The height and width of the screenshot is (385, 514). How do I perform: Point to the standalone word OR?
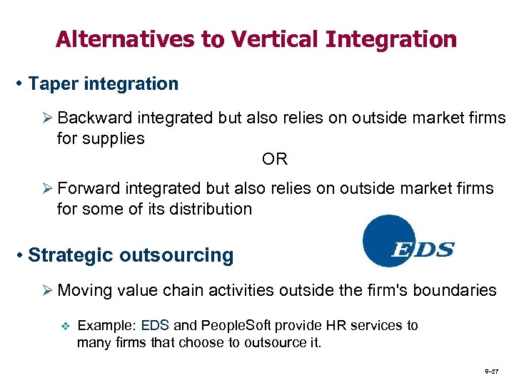point(275,159)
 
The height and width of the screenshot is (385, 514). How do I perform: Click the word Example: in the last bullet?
point(106,326)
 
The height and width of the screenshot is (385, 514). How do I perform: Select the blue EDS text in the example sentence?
point(155,326)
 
